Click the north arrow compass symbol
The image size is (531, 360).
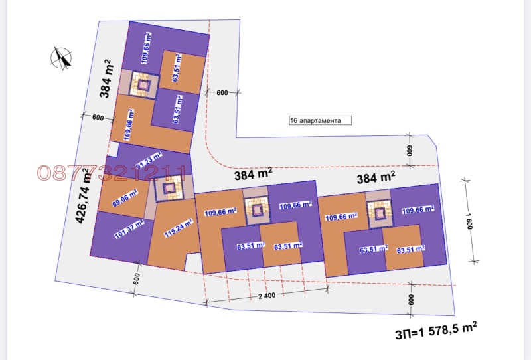pos(61,58)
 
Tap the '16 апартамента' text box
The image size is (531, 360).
pos(319,121)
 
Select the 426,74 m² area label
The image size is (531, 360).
pos(85,196)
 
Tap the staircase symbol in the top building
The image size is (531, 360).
pos(141,84)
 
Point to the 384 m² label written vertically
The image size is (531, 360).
pos(106,78)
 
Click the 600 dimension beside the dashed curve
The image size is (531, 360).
pos(222,93)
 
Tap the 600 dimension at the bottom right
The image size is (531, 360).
pos(412,300)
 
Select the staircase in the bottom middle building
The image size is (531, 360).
pos(256,211)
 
